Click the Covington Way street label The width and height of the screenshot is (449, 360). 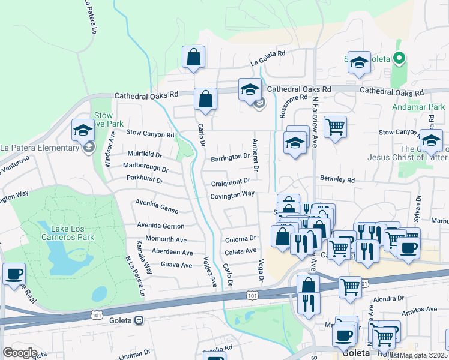pos(232,195)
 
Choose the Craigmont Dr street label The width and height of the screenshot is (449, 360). pos(230,181)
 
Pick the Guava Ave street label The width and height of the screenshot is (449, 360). pos(176,265)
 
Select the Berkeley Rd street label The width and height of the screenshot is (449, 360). pos(337,179)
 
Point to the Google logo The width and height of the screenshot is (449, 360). pos(20,353)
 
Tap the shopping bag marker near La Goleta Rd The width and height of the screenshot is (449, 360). pos(193,58)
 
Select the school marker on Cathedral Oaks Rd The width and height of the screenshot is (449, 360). pos(250,90)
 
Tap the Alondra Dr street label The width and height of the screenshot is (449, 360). pos(389,298)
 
